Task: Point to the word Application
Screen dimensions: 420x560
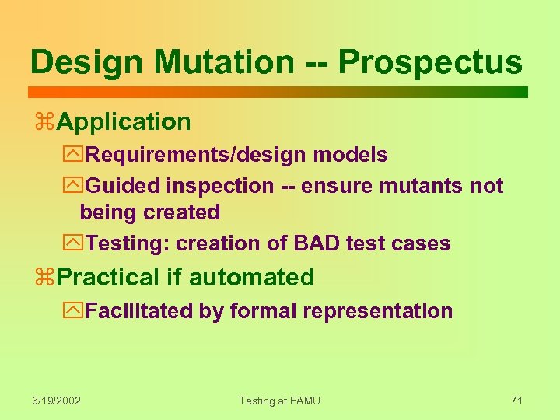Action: click(x=124, y=122)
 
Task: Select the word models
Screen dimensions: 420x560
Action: click(x=350, y=155)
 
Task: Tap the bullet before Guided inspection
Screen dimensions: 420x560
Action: click(x=76, y=186)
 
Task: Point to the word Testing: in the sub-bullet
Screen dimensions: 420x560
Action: click(x=128, y=243)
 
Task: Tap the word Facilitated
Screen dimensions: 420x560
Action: click(x=139, y=311)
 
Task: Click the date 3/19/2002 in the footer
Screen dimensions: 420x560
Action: click(x=57, y=401)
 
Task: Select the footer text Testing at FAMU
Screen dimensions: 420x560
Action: click(x=279, y=401)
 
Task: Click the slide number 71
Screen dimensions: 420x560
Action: click(x=516, y=401)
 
